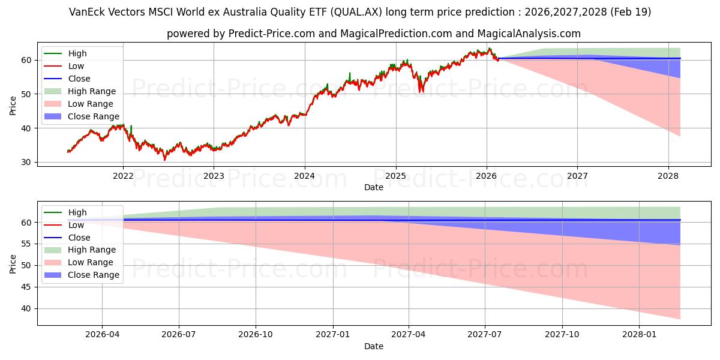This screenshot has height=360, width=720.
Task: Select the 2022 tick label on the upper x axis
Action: (123, 176)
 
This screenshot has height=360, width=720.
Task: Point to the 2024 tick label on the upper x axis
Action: (305, 176)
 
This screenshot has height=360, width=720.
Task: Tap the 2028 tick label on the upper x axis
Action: (668, 176)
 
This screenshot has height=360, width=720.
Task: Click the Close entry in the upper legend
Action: (79, 79)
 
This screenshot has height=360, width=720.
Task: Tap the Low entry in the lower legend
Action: (76, 225)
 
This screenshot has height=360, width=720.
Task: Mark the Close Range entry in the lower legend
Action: (93, 275)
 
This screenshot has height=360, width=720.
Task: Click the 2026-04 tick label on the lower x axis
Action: (102, 335)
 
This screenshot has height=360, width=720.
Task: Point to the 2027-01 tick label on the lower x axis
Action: (332, 335)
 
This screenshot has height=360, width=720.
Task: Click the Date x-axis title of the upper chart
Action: (373, 187)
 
